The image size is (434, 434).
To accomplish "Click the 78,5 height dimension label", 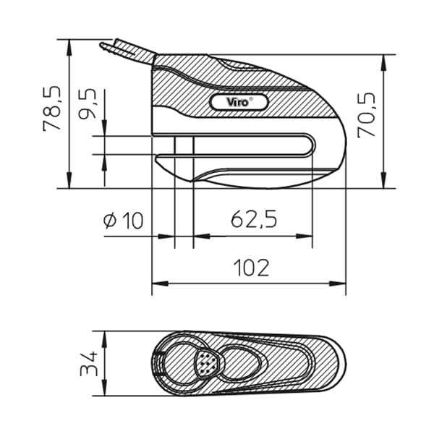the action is click(x=52, y=109).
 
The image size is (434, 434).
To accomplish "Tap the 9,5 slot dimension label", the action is click(x=88, y=103).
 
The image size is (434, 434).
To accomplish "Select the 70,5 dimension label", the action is click(x=366, y=114).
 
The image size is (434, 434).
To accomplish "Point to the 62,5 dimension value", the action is click(x=254, y=218).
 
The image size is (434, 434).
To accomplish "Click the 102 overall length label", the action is click(x=251, y=268).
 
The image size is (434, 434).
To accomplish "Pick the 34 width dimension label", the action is click(x=88, y=364).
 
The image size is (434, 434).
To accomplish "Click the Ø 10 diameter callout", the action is click(x=124, y=221).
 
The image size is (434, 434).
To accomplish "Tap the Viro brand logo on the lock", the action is click(x=239, y=102).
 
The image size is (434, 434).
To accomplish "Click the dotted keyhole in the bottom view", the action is click(x=207, y=362).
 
